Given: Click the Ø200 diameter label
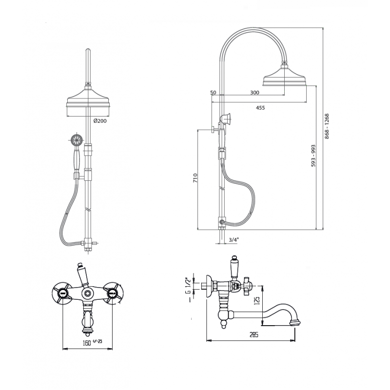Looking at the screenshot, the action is click(100, 121).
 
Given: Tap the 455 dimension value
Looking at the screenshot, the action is click(260, 108).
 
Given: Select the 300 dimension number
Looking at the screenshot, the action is click(254, 93).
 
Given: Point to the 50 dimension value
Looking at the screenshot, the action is click(213, 93).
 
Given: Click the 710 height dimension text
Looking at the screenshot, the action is click(195, 178).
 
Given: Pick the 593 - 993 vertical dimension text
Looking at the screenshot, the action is click(313, 156).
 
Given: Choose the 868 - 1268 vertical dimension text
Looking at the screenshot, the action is click(327, 126).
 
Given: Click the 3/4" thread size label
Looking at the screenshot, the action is click(234, 240).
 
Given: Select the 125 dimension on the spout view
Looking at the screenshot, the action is click(257, 300).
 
